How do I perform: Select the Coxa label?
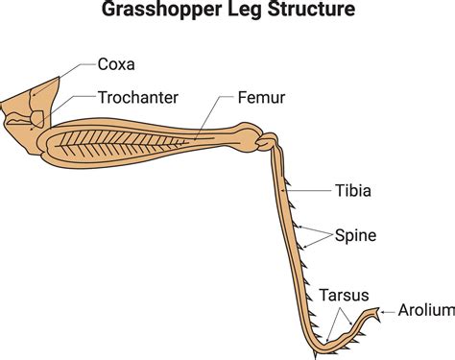(x=117, y=65)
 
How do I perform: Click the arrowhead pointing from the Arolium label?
(x=383, y=311)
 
